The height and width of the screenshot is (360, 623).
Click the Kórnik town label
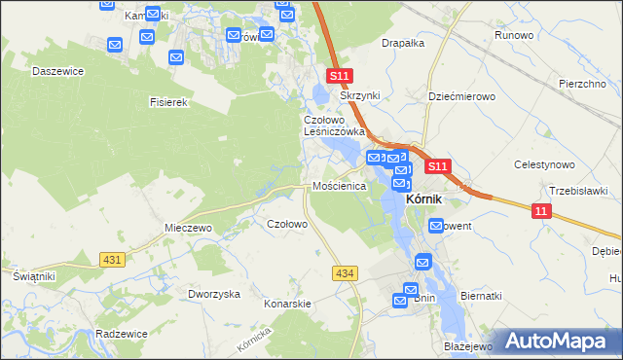(x=423, y=199)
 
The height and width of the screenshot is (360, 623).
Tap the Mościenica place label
(x=338, y=185)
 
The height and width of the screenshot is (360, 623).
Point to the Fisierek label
(x=167, y=101)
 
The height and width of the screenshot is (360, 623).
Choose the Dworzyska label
(x=214, y=294)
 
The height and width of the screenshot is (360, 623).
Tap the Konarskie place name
(x=287, y=303)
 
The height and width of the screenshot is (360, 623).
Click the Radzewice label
(x=122, y=333)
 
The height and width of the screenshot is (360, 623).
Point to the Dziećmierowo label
(x=462, y=97)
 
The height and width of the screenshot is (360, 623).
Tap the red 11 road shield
(x=541, y=209)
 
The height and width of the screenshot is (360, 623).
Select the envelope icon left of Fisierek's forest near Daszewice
(x=114, y=45)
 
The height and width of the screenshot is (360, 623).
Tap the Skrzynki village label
(x=358, y=95)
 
